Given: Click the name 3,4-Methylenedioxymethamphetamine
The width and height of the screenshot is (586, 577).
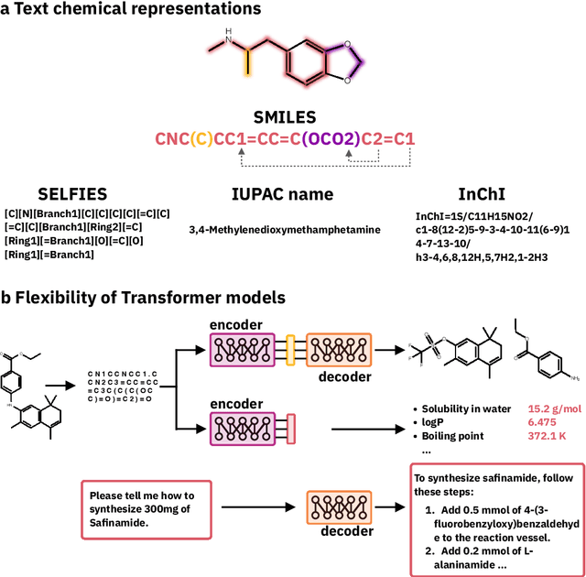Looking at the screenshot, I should click(284, 229).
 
